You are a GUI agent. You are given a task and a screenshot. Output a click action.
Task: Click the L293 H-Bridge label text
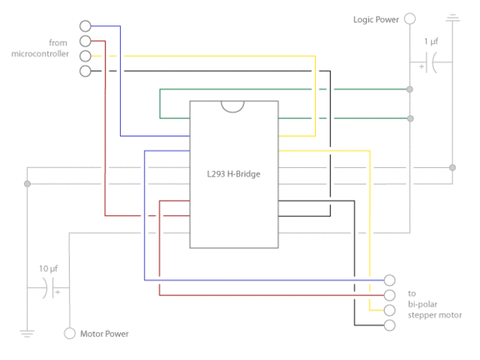pyautogui.click(x=234, y=174)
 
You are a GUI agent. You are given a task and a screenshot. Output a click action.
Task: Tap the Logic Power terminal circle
pyautogui.click(x=410, y=19)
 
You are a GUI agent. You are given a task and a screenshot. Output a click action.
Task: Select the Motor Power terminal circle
pyautogui.click(x=70, y=333)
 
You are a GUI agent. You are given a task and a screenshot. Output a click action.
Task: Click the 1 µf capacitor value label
pyautogui.click(x=431, y=41)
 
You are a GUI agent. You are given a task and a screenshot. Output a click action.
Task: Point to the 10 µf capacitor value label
pyautogui.click(x=48, y=269)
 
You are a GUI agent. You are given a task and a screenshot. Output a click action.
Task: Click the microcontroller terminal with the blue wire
pyautogui.click(x=85, y=26)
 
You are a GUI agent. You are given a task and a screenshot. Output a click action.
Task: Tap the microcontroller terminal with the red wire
pyautogui.click(x=85, y=41)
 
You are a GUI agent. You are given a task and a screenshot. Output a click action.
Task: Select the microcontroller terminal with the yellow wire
pyautogui.click(x=85, y=56)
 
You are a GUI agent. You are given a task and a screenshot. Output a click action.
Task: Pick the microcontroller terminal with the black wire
pyautogui.click(x=85, y=71)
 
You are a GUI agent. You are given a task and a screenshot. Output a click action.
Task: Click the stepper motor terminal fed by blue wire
pyautogui.click(x=389, y=280)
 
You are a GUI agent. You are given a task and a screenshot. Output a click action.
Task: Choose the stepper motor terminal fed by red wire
pyautogui.click(x=389, y=295)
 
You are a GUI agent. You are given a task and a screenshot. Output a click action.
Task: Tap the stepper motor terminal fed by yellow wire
pyautogui.click(x=389, y=310)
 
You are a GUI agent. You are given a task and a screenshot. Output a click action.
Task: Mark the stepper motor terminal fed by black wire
pyautogui.click(x=389, y=325)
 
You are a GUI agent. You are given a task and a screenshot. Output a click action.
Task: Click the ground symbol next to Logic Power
pyautogui.click(x=453, y=18)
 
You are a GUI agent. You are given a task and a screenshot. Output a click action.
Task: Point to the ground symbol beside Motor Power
pyautogui.click(x=27, y=334)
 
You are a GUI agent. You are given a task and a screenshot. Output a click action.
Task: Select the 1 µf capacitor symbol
pyautogui.click(x=431, y=63)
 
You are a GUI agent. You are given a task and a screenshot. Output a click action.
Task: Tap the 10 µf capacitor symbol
pyautogui.click(x=49, y=288)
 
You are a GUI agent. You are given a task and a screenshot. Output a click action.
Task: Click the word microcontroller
pyautogui.click(x=40, y=54)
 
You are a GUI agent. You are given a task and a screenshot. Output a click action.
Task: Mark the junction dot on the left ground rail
pyautogui.click(x=27, y=183)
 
